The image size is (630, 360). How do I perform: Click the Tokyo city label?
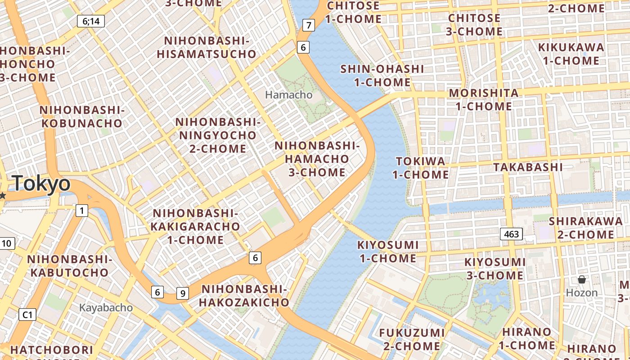(41, 184)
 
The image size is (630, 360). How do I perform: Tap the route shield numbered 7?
(308, 25)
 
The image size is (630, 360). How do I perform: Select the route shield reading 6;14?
(91, 21)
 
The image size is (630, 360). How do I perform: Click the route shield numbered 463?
(511, 234)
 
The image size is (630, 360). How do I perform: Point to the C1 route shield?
(27, 315)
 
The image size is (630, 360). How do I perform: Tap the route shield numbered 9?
(182, 293)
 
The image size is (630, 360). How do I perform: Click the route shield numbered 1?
(81, 210)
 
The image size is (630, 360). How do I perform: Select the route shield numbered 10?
(6, 243)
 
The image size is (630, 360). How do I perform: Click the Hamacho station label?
(288, 95)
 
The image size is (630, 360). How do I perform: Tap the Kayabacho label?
(106, 308)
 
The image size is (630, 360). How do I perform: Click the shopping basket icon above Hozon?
(582, 280)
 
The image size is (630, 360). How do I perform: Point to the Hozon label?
(582, 293)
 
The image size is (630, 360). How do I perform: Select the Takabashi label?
(528, 167)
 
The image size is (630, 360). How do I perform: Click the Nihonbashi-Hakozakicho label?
(243, 295)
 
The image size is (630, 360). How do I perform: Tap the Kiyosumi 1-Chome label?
(387, 252)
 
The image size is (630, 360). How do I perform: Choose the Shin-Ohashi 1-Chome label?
(382, 76)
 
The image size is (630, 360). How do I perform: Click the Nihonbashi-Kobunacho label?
(81, 117)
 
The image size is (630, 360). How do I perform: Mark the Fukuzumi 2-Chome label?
(412, 339)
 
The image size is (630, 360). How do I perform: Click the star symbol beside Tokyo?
(3, 195)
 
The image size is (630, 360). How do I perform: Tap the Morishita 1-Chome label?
(484, 100)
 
